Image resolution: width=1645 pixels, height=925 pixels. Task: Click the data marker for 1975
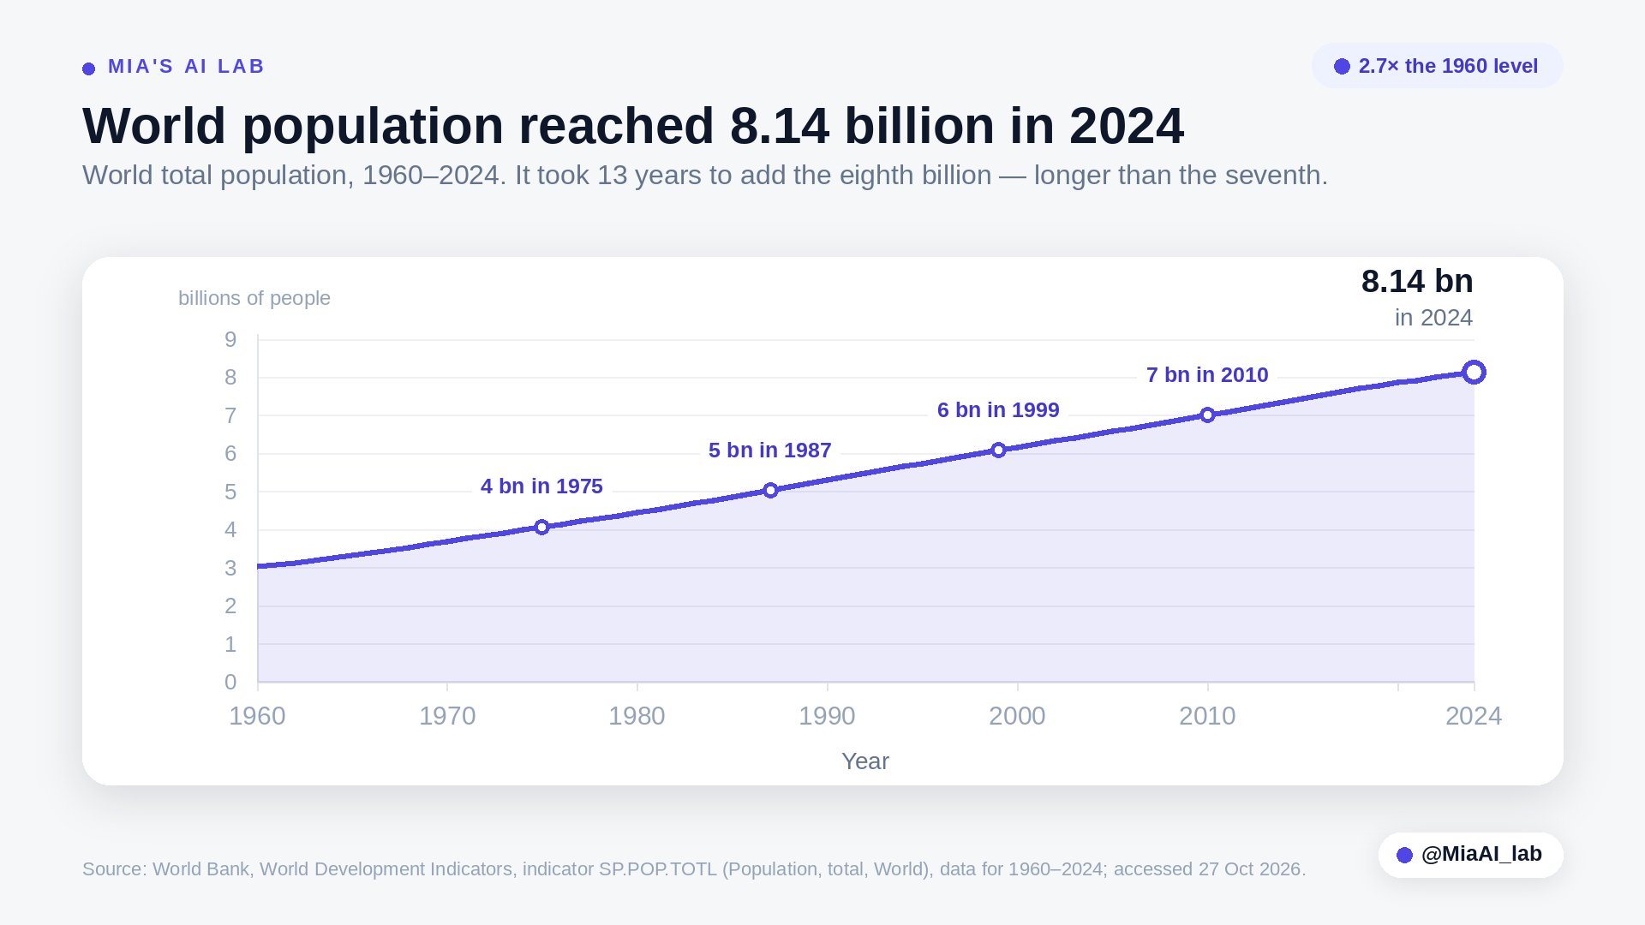[541, 527]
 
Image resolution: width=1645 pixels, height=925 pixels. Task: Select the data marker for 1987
[770, 490]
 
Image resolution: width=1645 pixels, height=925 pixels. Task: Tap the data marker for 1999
[998, 450]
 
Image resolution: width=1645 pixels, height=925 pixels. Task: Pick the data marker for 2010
[1207, 415]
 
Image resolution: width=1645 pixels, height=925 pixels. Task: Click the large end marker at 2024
[1474, 372]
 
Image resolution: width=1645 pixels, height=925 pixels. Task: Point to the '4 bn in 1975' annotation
[541, 486]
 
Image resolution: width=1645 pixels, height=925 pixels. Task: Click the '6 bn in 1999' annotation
[998, 410]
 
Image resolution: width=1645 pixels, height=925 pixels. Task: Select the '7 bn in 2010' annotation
[1207, 375]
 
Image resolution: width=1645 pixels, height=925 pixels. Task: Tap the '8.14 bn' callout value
[1417, 281]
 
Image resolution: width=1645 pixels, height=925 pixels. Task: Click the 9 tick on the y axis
[230, 340]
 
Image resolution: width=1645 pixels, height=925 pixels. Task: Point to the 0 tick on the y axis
[230, 682]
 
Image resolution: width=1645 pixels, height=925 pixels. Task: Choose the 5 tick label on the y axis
[230, 492]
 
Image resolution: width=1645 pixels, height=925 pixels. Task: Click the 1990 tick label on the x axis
[827, 716]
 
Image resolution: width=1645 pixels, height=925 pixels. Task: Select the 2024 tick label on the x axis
[1474, 716]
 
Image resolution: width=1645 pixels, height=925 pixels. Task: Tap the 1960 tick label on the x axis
[257, 716]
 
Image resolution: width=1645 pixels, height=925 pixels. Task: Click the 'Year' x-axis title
[865, 761]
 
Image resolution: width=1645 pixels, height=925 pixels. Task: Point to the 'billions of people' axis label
[254, 298]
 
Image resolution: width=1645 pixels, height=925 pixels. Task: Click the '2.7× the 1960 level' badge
[1438, 66]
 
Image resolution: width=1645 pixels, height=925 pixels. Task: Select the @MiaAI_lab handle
[1481, 854]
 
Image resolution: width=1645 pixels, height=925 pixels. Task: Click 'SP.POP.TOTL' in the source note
[658, 869]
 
